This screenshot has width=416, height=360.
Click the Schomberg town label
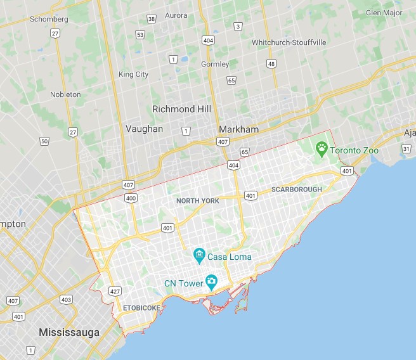48,19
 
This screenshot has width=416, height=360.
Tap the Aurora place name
176,15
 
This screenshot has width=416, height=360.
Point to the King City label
134,74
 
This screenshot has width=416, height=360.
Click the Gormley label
214,64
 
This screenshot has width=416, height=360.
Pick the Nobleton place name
66,94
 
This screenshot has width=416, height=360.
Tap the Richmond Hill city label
181,109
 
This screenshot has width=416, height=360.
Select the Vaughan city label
144,129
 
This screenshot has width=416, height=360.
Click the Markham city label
238,129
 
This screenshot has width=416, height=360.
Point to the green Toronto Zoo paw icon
322,150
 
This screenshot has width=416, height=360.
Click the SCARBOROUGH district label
296,190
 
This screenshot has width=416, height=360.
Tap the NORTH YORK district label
198,201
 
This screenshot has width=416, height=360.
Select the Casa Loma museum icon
199,256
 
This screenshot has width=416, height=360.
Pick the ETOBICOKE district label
141,308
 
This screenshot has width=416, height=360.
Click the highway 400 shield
131,198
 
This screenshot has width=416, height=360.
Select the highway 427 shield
115,292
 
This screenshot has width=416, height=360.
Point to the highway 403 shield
66,299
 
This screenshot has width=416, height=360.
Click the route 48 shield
271,64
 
